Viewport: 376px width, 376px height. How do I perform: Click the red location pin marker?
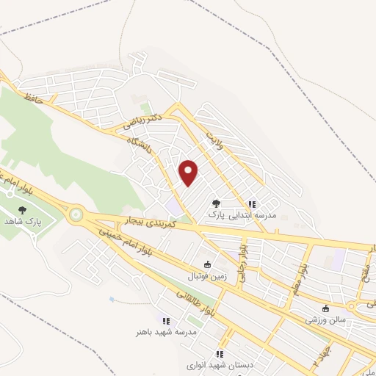click(x=189, y=173)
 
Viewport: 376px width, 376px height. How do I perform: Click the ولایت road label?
click(x=213, y=139)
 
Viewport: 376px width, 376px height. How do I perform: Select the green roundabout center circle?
click(x=76, y=215)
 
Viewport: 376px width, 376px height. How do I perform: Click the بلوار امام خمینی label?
click(x=121, y=239)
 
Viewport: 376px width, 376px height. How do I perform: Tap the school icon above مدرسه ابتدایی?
click(x=252, y=204)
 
